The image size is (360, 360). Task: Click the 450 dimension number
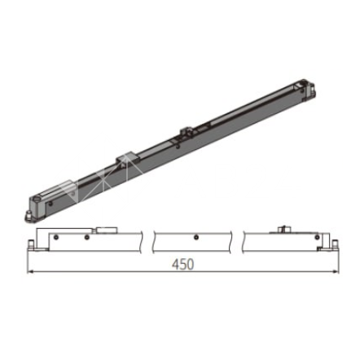[183, 264]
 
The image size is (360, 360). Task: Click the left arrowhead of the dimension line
[30, 271]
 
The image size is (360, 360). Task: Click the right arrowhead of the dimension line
[335, 271]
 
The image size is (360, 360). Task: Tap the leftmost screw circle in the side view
[55, 238]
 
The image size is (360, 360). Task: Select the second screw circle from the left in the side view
[86, 238]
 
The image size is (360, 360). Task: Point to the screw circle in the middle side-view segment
[195, 238]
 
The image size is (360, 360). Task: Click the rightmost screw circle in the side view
[317, 238]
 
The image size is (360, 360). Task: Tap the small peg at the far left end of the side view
[32, 244]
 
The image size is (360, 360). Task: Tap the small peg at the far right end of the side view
[335, 244]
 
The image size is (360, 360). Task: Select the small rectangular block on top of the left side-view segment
[107, 230]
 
